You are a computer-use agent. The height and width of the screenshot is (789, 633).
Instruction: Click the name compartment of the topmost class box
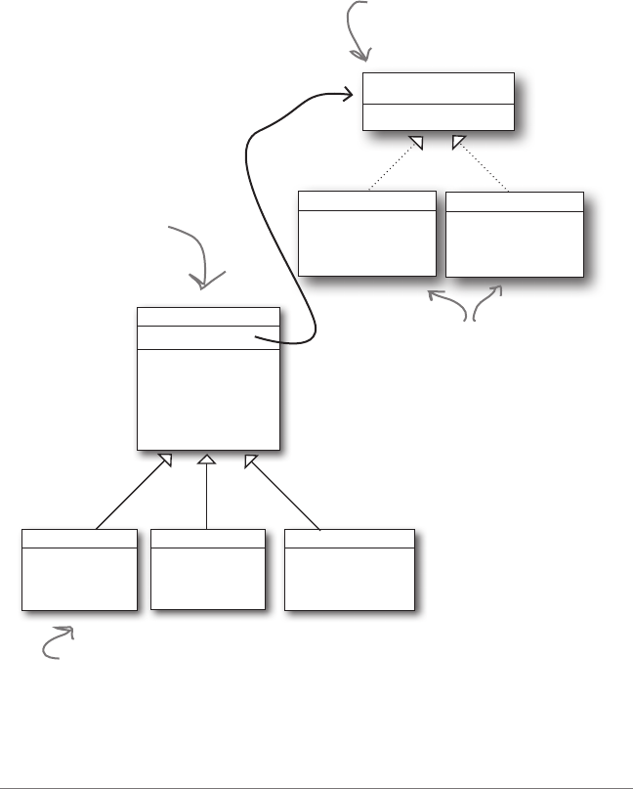(438, 87)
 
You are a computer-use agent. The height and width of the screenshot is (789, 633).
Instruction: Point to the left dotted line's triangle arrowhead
(416, 144)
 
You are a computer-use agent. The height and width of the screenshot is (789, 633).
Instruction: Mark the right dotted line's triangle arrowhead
(457, 144)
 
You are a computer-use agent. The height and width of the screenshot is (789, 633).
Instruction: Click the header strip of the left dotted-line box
(366, 200)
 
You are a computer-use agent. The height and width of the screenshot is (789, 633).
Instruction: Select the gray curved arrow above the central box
(203, 259)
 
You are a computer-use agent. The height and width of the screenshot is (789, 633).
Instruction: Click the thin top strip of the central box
(208, 316)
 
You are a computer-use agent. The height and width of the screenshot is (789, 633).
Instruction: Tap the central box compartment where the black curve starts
(208, 336)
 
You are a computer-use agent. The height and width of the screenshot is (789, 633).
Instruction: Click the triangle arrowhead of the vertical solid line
(208, 460)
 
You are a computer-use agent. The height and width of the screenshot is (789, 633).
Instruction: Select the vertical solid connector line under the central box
(208, 499)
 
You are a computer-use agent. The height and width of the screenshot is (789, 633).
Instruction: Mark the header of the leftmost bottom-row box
(79, 539)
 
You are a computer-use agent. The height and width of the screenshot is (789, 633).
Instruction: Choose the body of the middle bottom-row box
(208, 579)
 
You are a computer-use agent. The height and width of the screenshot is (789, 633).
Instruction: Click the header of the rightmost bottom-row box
(349, 539)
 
